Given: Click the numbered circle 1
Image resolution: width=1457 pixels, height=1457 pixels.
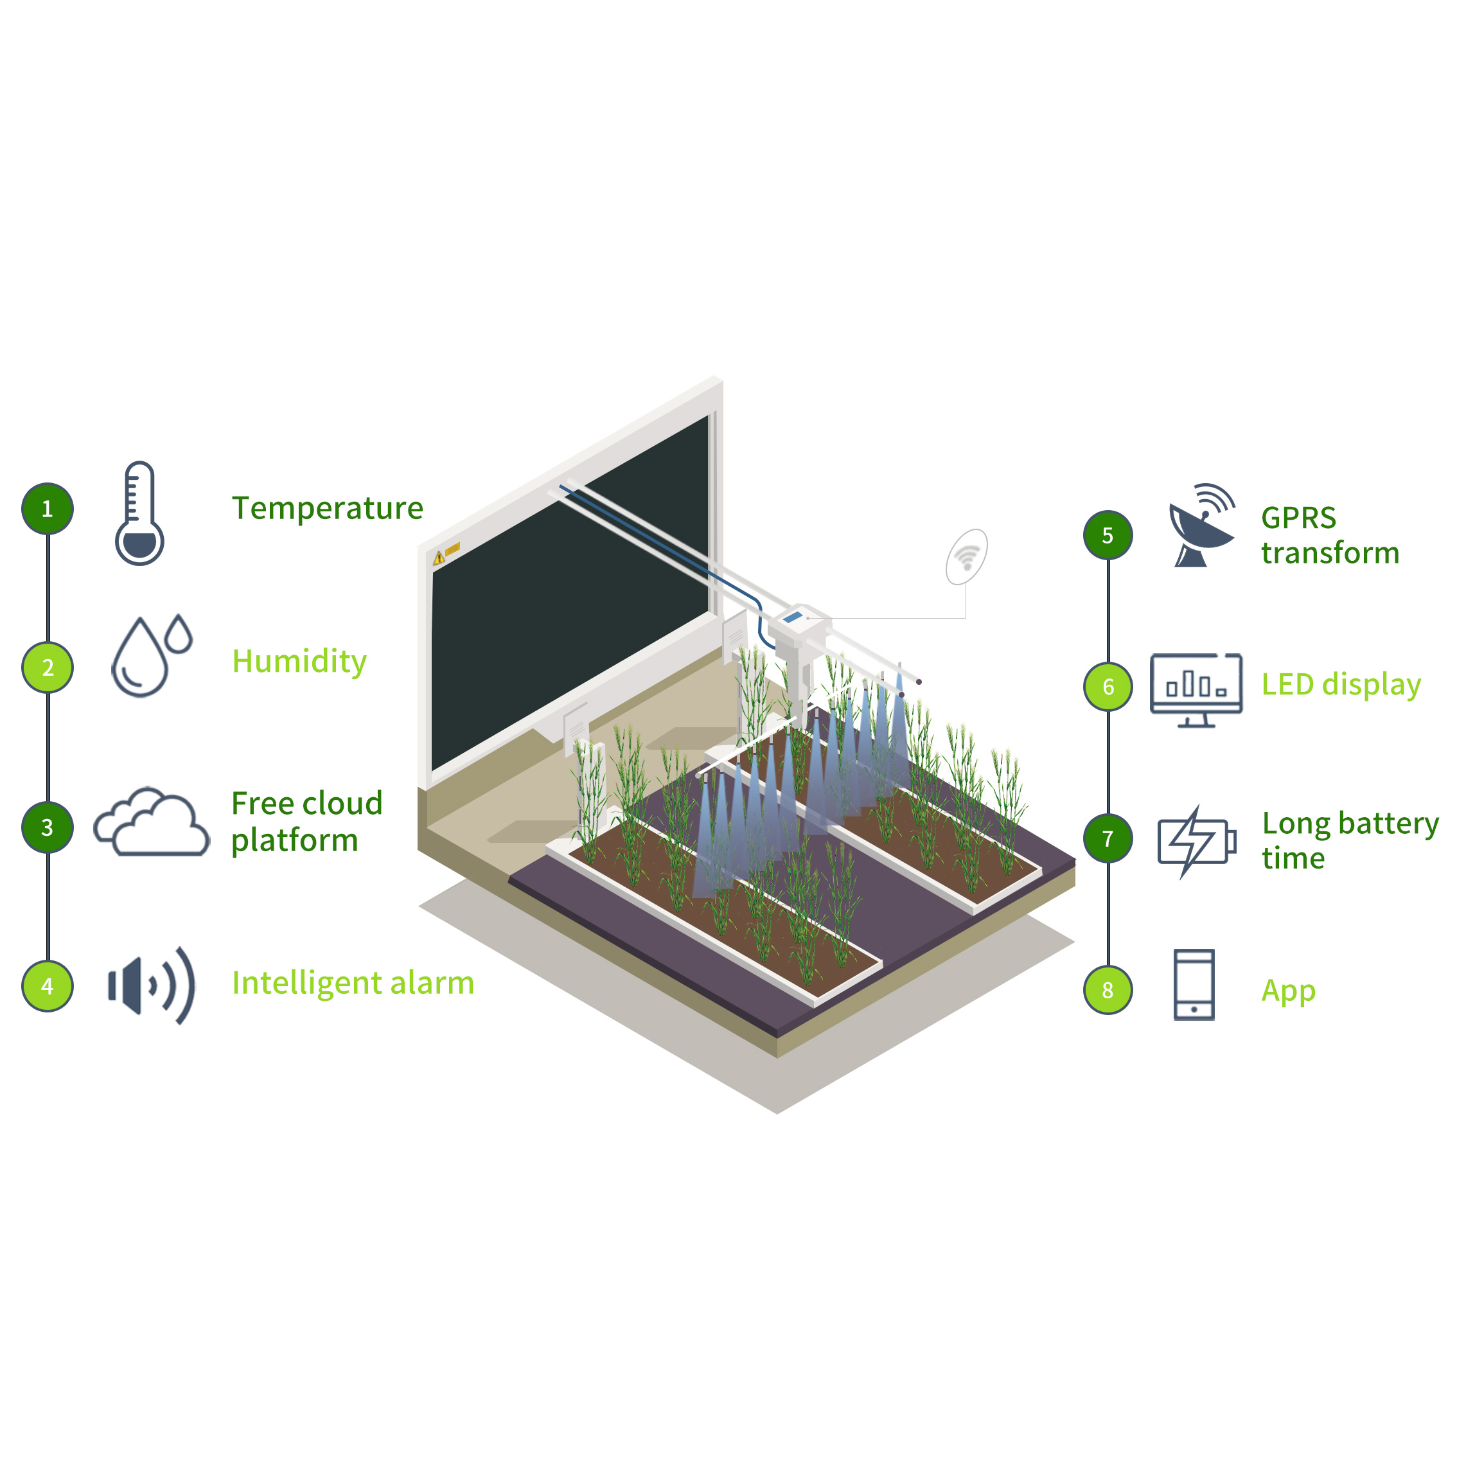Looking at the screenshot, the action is (48, 508).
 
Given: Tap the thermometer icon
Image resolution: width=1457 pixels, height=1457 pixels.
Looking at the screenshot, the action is (139, 513).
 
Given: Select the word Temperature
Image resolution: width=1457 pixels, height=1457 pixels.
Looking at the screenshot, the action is (327, 508).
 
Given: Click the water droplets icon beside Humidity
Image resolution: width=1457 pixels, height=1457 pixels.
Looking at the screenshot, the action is (152, 655).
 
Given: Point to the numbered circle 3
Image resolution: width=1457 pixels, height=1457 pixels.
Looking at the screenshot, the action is (48, 827).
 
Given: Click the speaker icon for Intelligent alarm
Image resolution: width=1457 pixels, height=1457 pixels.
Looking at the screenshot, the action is (152, 985).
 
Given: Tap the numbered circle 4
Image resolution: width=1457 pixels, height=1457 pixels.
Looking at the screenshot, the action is (48, 985).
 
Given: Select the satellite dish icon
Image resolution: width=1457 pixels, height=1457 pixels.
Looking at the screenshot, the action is (1201, 525).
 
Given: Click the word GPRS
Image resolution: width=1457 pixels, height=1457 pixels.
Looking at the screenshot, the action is (1298, 518).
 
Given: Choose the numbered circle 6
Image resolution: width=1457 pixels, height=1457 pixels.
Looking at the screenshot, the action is (1108, 686).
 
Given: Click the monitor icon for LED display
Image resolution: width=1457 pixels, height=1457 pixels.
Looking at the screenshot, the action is (1196, 690).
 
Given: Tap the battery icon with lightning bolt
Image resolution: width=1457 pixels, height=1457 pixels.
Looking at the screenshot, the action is (1197, 841).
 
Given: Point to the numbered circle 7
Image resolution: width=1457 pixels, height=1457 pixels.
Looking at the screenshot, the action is (1108, 838).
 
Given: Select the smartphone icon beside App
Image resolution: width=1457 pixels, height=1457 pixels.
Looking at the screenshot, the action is (1194, 985).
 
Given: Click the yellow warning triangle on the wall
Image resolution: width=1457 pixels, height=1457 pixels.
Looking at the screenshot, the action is (439, 559).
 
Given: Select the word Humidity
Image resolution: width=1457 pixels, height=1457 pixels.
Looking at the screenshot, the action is (299, 662).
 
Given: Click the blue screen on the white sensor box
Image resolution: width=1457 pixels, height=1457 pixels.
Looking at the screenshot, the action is (793, 617).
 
